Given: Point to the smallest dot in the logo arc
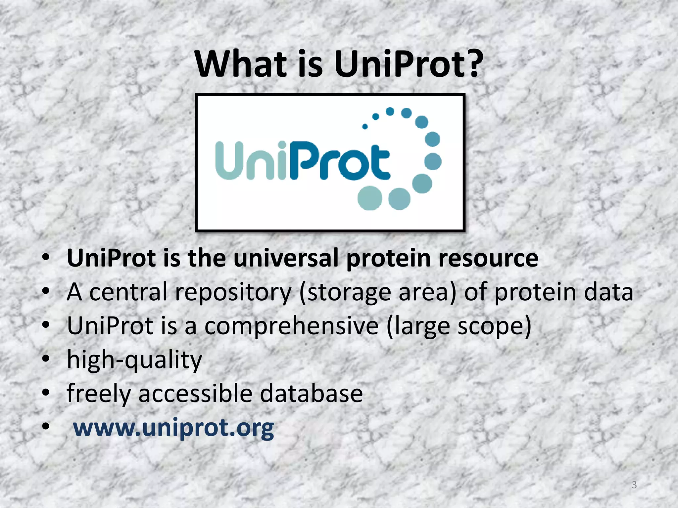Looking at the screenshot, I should coord(365,126).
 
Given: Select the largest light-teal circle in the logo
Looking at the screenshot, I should coord(370,198).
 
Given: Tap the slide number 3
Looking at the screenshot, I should coord(634,485).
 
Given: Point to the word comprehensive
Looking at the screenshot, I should coord(291,326).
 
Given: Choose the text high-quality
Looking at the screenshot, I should coord(134,360).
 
